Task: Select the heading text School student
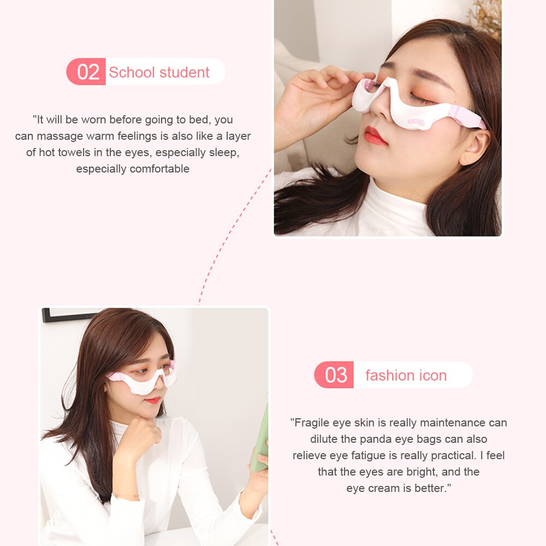(x=159, y=72)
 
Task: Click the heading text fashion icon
(x=406, y=375)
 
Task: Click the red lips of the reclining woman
(x=375, y=135)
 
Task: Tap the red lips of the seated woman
(x=153, y=400)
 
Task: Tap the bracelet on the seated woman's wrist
(x=127, y=496)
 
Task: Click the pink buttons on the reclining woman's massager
(x=419, y=122)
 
